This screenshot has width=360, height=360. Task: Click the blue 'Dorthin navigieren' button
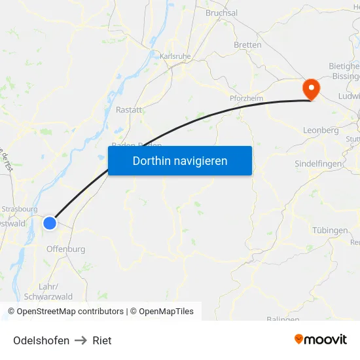[179, 160]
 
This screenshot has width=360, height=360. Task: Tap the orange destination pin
[310, 88]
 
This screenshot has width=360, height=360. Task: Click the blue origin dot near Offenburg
[50, 223]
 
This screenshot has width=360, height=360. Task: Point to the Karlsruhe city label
[175, 56]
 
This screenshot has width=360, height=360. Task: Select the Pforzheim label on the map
[246, 98]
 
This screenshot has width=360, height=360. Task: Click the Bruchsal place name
[222, 12]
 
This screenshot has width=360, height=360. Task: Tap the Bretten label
[247, 45]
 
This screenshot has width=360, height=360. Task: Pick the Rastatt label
[128, 110]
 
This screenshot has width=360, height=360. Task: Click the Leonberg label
[321, 130]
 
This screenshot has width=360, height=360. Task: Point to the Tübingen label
[330, 230]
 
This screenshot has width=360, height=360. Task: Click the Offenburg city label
[65, 249]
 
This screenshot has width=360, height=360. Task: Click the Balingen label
[283, 319]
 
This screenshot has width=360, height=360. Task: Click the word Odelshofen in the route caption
[41, 340]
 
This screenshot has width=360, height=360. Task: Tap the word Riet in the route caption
[102, 340]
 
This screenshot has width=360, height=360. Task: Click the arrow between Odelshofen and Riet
[81, 340]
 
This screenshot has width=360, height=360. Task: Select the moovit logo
[320, 339]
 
